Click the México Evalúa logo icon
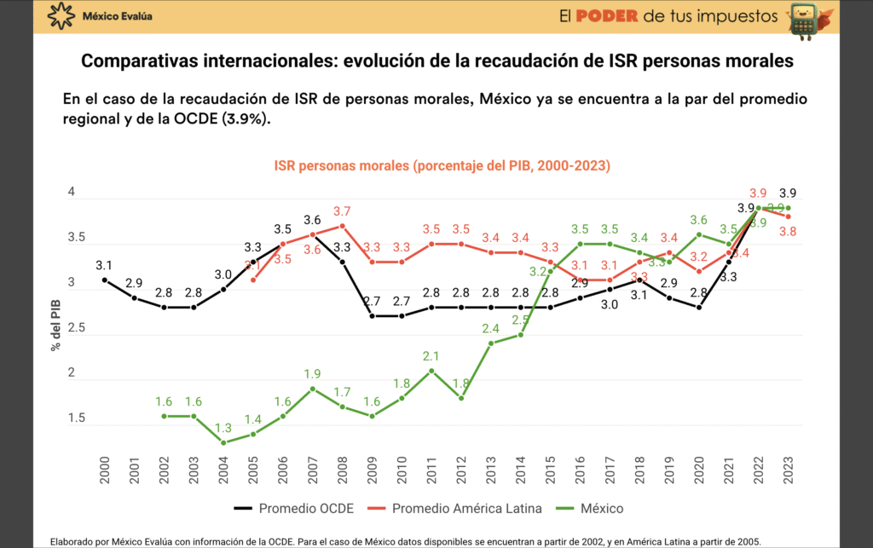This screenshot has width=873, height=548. click(61, 16)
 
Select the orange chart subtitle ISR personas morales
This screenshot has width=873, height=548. click(442, 165)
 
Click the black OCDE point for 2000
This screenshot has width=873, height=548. click(105, 280)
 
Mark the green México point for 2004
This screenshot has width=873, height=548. click(223, 442)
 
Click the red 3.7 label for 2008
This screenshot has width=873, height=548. click(342, 211)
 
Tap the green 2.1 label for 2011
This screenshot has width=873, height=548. click(431, 356)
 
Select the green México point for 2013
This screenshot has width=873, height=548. click(491, 343)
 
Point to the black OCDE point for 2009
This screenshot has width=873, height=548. click(372, 315)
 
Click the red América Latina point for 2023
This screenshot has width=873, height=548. click(789, 216)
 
